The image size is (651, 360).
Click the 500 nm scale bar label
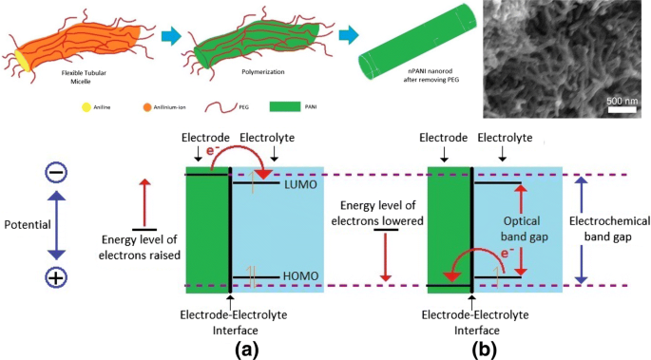coord(621,100)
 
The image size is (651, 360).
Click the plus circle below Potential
coord(55,278)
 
